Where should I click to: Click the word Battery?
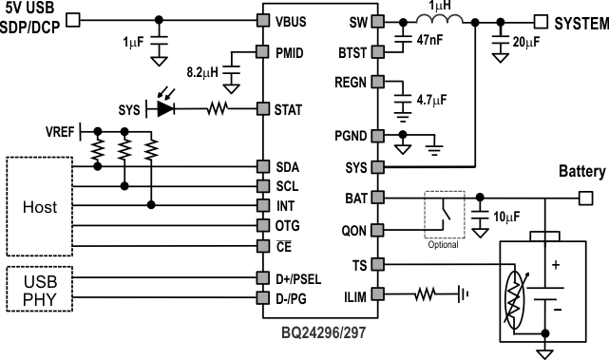point(580,172)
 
